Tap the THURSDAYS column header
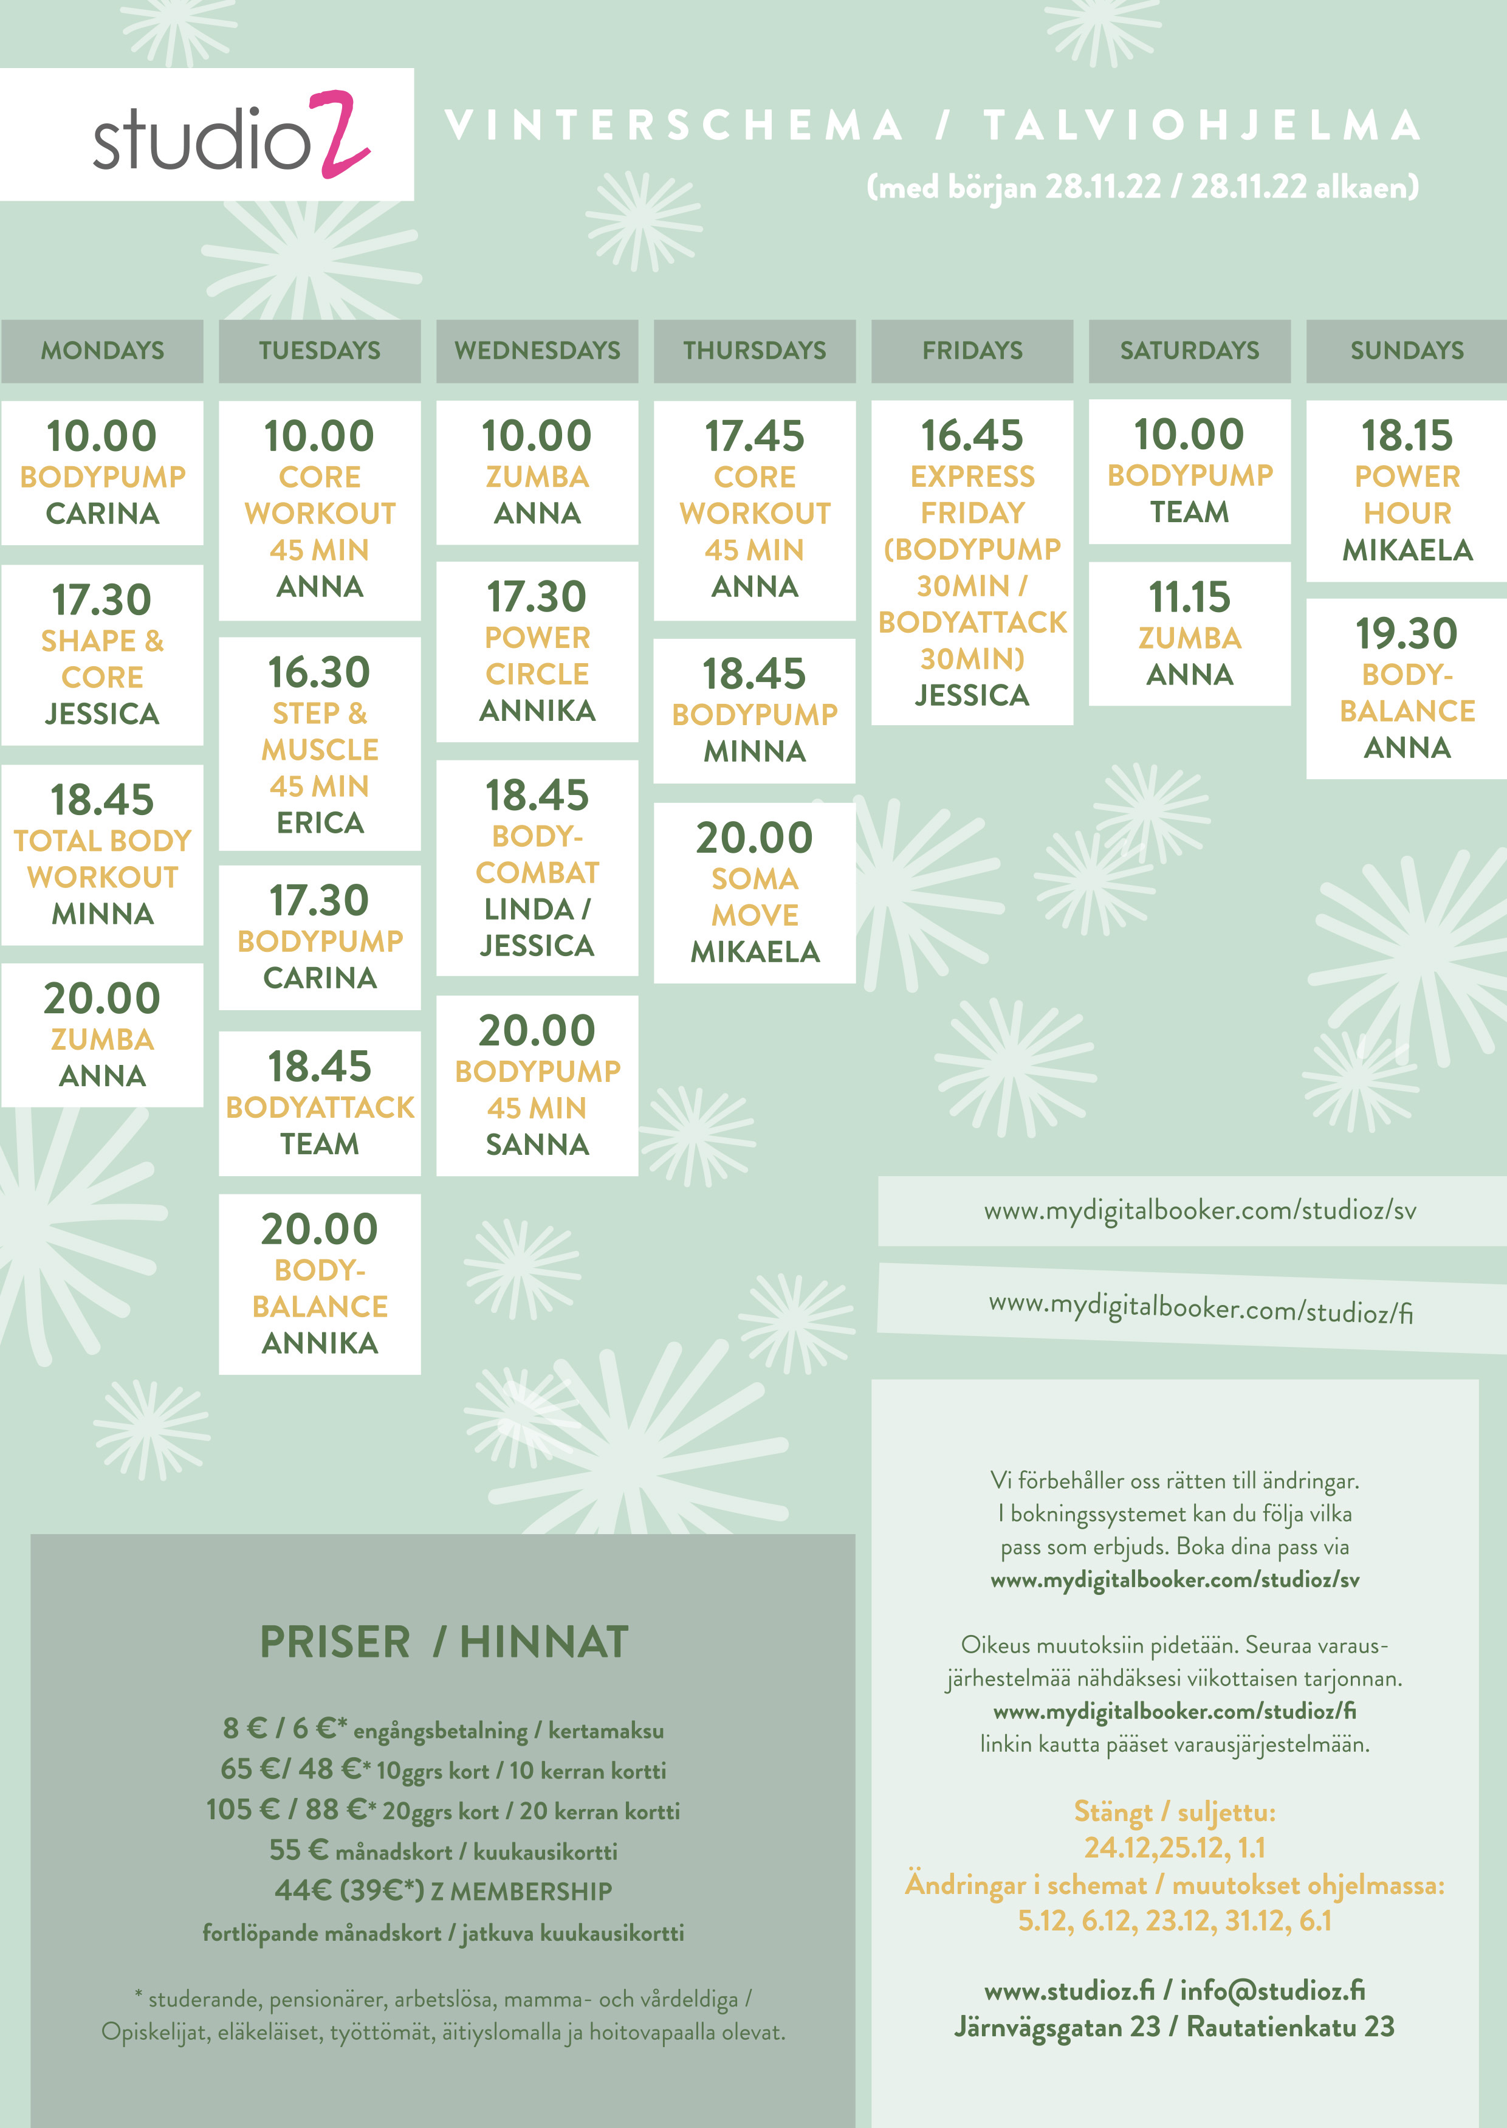pyautogui.click(x=755, y=350)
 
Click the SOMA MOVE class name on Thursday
pyautogui.click(x=755, y=897)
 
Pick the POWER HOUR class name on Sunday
pyautogui.click(x=1407, y=495)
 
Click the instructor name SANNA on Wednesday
pyautogui.click(x=537, y=1145)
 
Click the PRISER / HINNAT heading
pyautogui.click(x=444, y=1642)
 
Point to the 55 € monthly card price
pyautogui.click(x=299, y=1850)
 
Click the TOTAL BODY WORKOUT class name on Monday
pyautogui.click(x=102, y=858)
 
